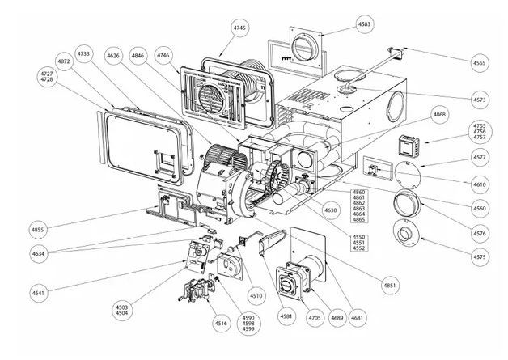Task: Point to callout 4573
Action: pyautogui.click(x=480, y=99)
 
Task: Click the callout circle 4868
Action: pyautogui.click(x=439, y=115)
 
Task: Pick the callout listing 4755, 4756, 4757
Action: pyautogui.click(x=480, y=132)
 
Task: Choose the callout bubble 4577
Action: pyautogui.click(x=480, y=157)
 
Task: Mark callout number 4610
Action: pyautogui.click(x=480, y=184)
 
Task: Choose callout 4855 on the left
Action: pyautogui.click(x=38, y=230)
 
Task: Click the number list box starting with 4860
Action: pyautogui.click(x=358, y=208)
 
